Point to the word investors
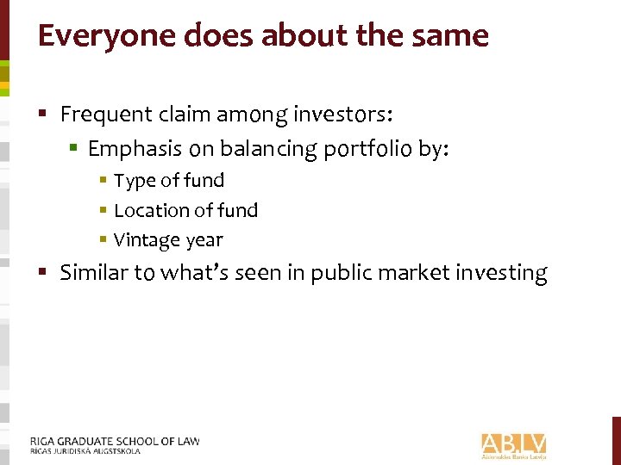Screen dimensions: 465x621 coord(347,114)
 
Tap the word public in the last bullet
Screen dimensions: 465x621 coord(338,274)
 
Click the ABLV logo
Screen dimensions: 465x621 coord(514,444)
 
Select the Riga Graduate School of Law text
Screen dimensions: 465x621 coord(115,441)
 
